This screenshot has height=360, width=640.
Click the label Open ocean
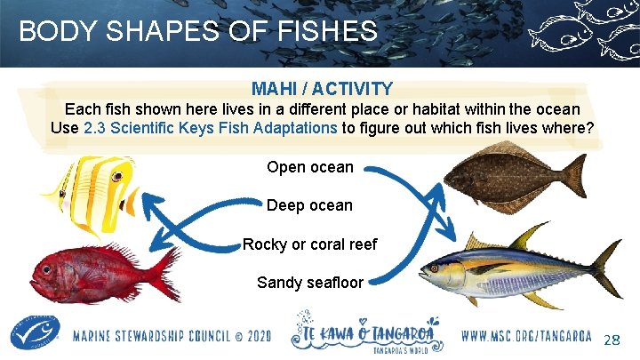(310, 167)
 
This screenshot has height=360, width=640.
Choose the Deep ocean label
(309, 205)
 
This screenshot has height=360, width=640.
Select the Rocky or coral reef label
(309, 244)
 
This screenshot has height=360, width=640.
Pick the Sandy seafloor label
(310, 283)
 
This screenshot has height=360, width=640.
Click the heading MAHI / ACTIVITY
(322, 89)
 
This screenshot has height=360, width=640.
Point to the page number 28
(612, 340)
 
